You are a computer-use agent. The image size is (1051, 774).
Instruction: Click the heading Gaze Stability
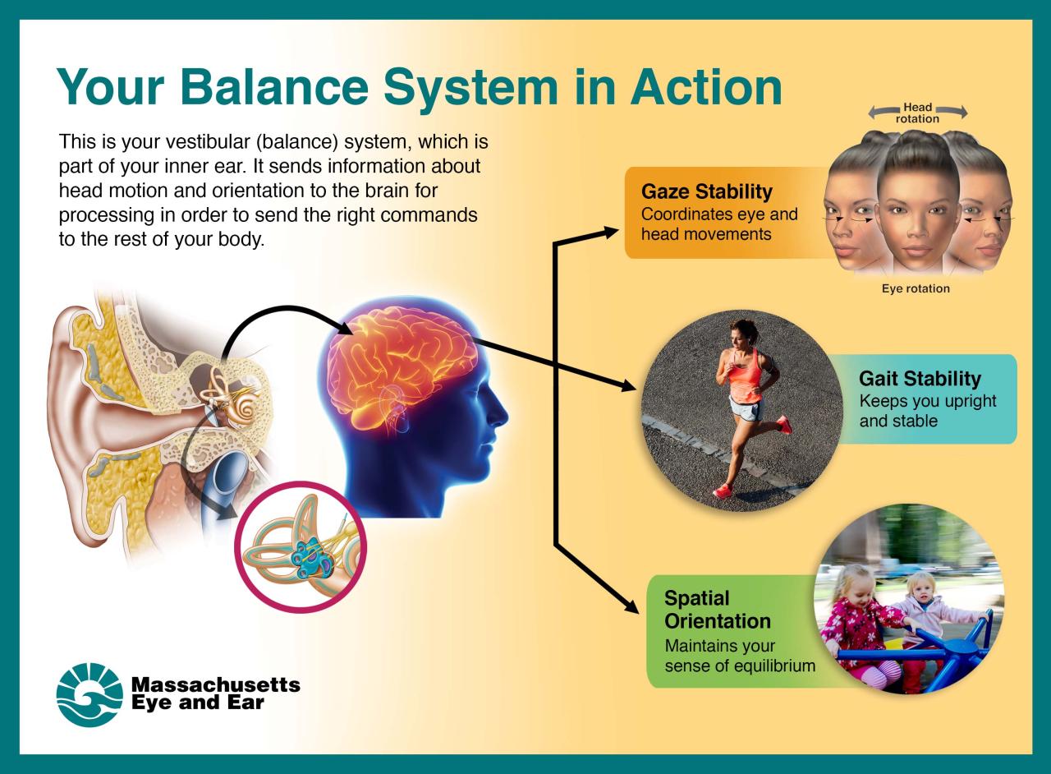(x=707, y=192)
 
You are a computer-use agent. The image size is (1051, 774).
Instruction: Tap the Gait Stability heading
(x=920, y=379)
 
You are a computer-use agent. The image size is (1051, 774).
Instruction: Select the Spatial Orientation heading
(x=717, y=609)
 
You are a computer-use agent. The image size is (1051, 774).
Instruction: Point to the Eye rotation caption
(x=916, y=289)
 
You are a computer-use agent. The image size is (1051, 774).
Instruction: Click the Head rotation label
(x=917, y=113)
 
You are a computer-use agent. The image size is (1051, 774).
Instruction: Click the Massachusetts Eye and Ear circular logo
(x=89, y=694)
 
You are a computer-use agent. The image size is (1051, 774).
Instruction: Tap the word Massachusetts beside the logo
(x=215, y=684)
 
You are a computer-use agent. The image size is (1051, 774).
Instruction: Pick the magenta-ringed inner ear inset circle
(x=301, y=547)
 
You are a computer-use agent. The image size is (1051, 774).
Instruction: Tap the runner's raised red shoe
(x=783, y=424)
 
